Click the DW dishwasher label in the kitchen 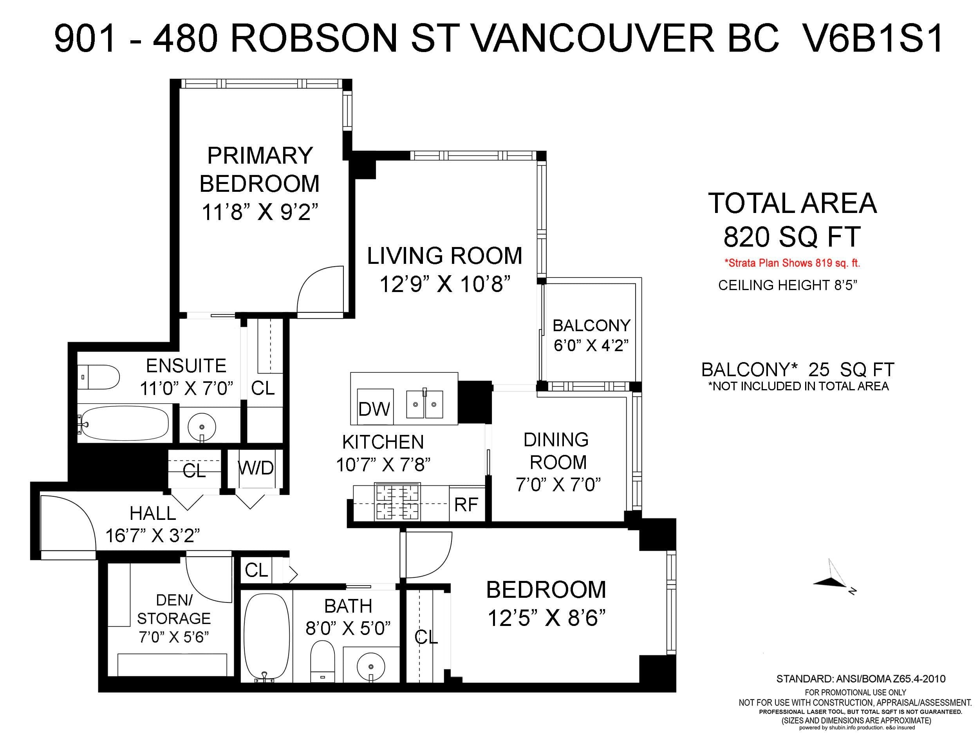[374, 409]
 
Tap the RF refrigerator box [466, 504]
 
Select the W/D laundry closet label [256, 468]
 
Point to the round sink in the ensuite [202, 427]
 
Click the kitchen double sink [424, 404]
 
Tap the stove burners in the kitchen [397, 503]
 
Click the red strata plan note [792, 263]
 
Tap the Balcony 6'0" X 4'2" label [591, 335]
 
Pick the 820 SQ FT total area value [792, 237]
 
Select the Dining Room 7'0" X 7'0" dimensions [558, 485]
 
